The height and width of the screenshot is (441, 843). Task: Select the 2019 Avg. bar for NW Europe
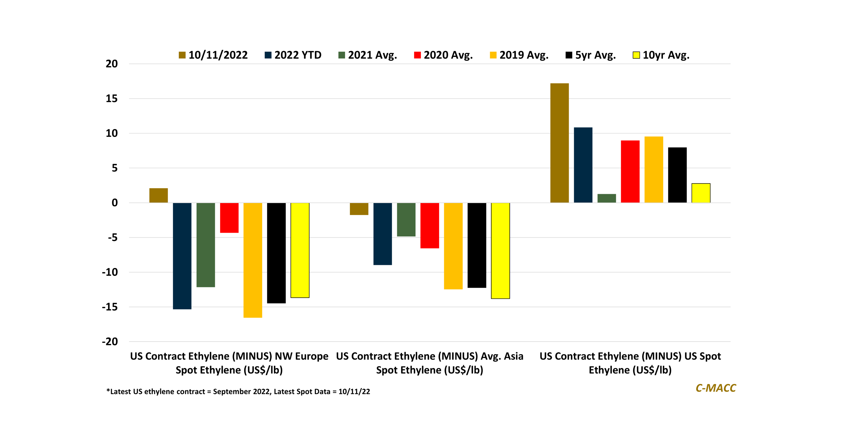(x=253, y=260)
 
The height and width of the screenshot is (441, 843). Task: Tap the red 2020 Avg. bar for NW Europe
(x=229, y=218)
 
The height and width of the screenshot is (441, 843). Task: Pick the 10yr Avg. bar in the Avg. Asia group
(x=500, y=251)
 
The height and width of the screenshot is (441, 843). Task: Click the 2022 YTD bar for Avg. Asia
(x=383, y=234)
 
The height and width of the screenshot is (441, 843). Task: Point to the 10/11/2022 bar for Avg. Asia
(x=359, y=209)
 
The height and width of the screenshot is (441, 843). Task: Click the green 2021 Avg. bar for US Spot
(x=606, y=198)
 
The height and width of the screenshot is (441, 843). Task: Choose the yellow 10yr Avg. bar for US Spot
(x=701, y=193)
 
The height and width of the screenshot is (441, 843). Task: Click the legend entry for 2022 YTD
(x=293, y=55)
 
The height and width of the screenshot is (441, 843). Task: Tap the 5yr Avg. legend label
(x=595, y=55)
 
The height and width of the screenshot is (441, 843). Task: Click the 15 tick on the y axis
(x=112, y=99)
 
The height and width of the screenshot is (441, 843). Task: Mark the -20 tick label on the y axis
(x=110, y=342)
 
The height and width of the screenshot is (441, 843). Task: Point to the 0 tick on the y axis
(x=115, y=203)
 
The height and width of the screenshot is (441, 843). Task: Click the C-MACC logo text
(x=716, y=388)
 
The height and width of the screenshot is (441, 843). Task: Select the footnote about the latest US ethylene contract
(x=238, y=392)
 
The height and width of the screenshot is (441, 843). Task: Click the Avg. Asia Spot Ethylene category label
(x=429, y=363)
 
